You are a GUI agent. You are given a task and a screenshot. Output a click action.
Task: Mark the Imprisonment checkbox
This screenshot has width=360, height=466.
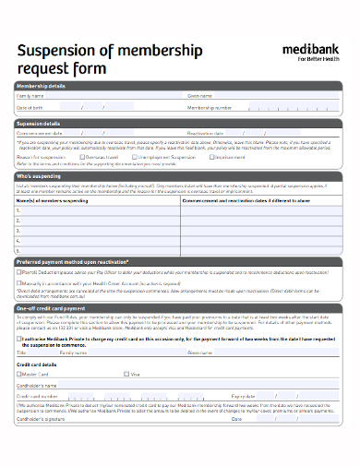point(211,157)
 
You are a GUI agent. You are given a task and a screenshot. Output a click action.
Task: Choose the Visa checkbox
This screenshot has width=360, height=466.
point(126,374)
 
